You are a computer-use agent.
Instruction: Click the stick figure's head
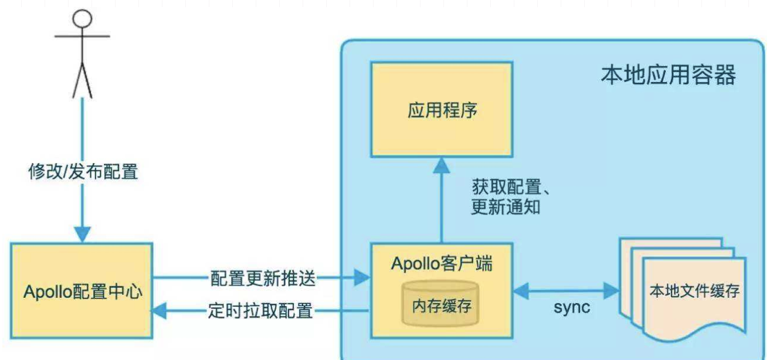(83, 18)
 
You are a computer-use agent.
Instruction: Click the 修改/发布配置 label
(83, 171)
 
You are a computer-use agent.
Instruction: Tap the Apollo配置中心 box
(82, 291)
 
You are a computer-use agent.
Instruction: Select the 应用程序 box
(442, 110)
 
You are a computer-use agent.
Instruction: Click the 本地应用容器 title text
(668, 76)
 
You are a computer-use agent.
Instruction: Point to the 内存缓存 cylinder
(441, 305)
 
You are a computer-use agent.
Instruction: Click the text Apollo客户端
(442, 263)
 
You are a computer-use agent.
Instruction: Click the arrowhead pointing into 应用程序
(442, 165)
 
